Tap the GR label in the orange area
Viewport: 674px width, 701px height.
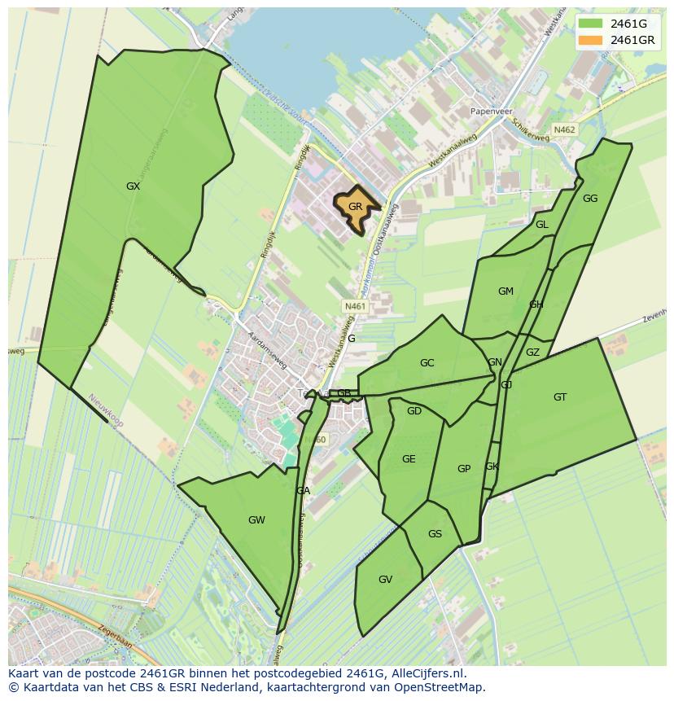[355, 207]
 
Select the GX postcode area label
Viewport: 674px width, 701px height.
[133, 186]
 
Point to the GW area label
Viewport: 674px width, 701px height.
[256, 520]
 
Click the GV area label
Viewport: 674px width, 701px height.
[386, 580]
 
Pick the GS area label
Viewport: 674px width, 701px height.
[435, 534]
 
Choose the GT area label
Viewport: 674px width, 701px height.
[560, 397]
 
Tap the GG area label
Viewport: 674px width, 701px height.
[590, 199]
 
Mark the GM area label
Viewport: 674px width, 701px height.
[505, 291]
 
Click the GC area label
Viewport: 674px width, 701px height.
[427, 363]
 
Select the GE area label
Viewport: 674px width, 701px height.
[409, 459]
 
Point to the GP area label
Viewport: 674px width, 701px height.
[464, 469]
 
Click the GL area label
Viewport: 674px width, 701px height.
[542, 225]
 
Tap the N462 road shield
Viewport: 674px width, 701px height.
[564, 129]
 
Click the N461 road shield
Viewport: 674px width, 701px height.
[356, 306]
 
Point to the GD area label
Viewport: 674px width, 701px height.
[414, 411]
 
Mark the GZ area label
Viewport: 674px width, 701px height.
[532, 353]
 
